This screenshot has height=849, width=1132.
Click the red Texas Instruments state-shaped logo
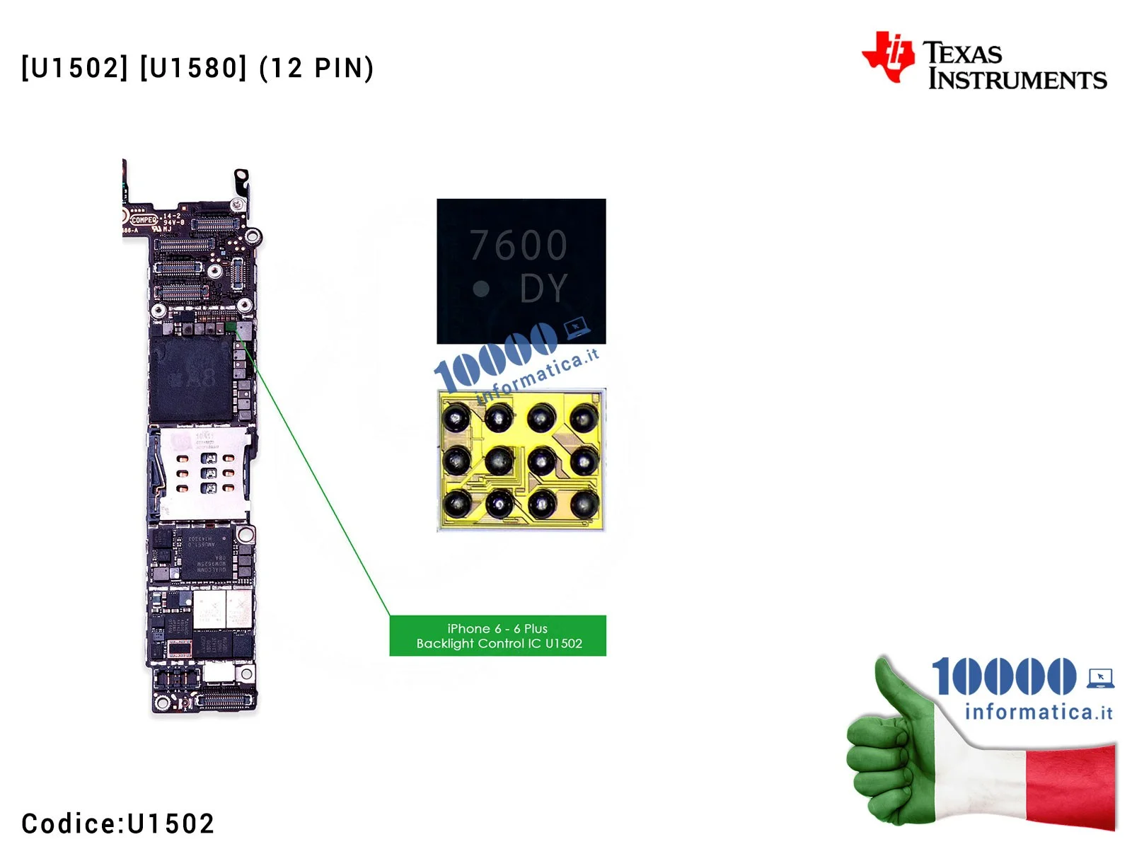[x=889, y=56]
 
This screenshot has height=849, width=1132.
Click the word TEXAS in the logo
[x=962, y=53]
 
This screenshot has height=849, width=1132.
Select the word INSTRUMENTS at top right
[x=1017, y=79]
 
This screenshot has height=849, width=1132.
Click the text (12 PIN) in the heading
[x=316, y=69]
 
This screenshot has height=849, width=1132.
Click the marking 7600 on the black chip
[x=519, y=246]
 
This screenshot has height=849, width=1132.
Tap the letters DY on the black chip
[x=543, y=289]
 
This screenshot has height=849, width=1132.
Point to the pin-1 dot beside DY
[x=481, y=289]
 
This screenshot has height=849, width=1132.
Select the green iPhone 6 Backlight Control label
[x=497, y=635]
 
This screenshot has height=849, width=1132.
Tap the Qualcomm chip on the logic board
[x=206, y=555]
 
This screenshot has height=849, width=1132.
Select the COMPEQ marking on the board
[x=144, y=220]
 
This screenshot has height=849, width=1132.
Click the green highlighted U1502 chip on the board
[x=231, y=327]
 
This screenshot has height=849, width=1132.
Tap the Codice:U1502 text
[x=117, y=824]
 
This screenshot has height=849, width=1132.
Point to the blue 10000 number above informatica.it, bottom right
[x=1003, y=676]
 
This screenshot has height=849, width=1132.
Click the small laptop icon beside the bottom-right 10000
[x=1100, y=678]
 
